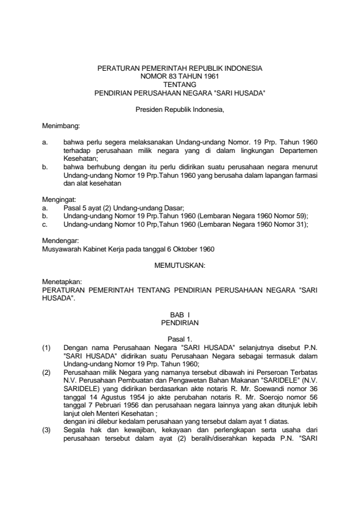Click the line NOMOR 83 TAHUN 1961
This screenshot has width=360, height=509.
(x=180, y=77)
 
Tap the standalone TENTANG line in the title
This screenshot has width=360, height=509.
(x=180, y=86)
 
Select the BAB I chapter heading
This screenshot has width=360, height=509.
(x=180, y=316)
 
